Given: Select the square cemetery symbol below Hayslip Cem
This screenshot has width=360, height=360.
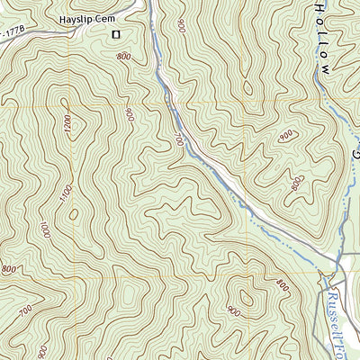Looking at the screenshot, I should coord(115,35).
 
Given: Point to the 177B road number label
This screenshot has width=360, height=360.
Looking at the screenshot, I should coord(11,33).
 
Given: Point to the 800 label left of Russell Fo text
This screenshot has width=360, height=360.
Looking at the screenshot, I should coord(283,286).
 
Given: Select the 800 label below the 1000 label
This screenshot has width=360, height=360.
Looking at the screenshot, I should coord(10,269).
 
